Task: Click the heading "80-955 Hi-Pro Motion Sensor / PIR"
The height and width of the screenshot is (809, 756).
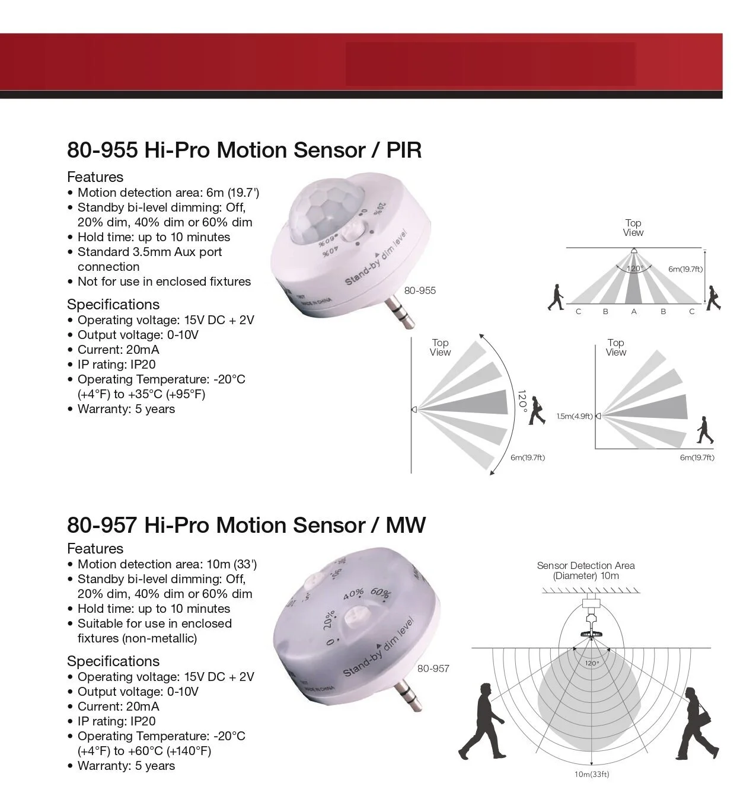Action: (244, 150)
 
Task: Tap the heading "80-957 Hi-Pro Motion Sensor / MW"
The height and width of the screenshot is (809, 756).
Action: (246, 525)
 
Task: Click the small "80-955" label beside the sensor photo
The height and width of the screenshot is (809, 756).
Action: (420, 290)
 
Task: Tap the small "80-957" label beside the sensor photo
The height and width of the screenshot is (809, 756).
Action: (433, 669)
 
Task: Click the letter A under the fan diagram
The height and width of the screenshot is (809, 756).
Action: (634, 312)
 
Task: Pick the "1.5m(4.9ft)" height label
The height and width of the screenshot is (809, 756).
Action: (574, 416)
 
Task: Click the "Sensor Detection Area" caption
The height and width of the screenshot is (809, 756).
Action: (586, 565)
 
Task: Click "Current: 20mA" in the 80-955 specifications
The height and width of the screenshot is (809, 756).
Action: (118, 350)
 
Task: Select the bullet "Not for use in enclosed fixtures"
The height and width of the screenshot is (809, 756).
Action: (164, 282)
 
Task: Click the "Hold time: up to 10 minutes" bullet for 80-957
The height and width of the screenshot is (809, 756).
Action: (154, 609)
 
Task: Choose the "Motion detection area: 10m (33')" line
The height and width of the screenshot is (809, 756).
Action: (167, 564)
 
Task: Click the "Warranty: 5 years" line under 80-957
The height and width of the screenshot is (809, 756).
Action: (126, 766)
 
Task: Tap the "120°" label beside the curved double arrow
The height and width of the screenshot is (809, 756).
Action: (522, 401)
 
